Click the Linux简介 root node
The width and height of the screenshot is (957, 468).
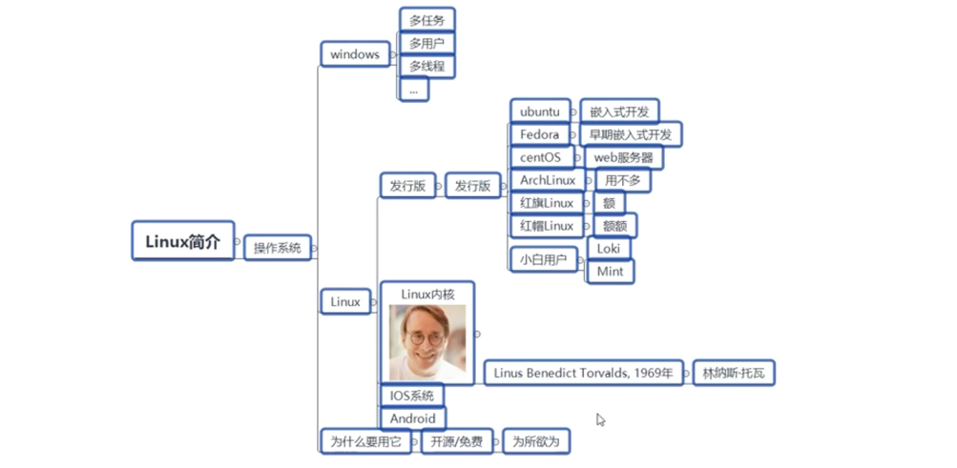(182, 241)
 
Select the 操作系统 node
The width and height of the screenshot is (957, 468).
(277, 248)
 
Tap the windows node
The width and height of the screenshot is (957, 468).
(355, 54)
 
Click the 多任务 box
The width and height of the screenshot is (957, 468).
(426, 19)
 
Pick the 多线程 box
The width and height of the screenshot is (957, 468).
(426, 66)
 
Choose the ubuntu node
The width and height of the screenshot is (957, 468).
(540, 112)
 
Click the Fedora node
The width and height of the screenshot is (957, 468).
(540, 134)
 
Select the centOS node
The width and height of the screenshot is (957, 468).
(540, 157)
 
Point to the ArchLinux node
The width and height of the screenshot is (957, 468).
(548, 180)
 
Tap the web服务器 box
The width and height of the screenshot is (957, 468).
(624, 157)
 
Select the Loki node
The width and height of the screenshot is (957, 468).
(609, 248)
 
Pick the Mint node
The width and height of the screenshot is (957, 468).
(610, 272)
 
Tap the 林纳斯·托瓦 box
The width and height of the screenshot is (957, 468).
(733, 374)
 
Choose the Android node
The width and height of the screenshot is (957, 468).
(412, 418)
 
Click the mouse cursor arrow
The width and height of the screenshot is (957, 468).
(600, 418)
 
